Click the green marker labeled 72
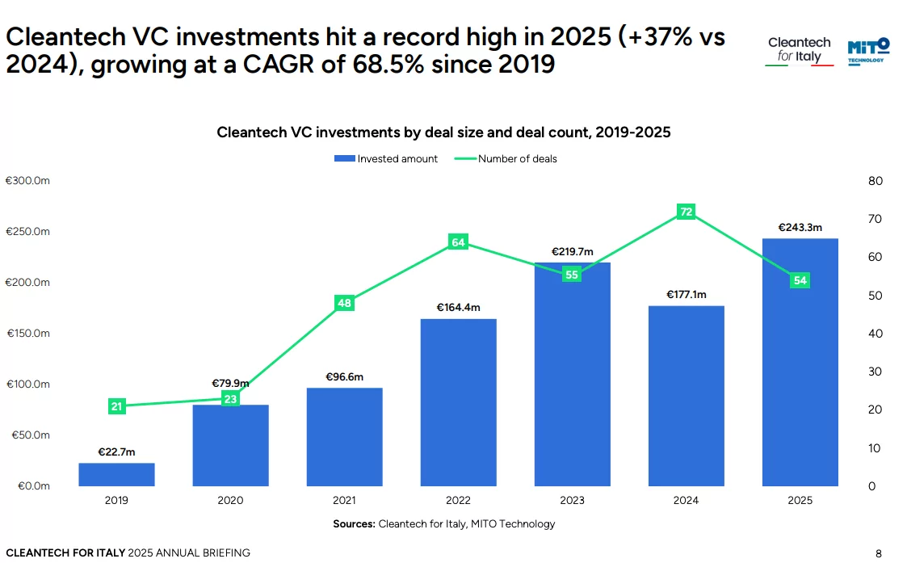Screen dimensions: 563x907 pos(686,212)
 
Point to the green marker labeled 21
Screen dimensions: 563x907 pos(116,406)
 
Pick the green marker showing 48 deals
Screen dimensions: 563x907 pos(344,303)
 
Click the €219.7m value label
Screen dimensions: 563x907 pos(572,252)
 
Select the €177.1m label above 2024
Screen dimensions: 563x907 pos(686,295)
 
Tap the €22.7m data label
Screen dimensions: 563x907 pos(116,452)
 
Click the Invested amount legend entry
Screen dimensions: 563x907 pos(387,159)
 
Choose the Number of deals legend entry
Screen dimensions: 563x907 pos(506,159)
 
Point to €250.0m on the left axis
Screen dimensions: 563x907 pos(28,232)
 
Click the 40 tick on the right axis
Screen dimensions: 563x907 pos(875,334)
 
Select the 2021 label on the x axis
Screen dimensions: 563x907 pos(344,501)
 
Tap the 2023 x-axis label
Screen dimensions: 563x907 pos(572,501)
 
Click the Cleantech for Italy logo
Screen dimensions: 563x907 pos(799,50)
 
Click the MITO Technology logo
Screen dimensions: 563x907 pos(868,49)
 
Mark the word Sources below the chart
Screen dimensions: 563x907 pos(354,524)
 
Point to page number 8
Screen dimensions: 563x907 pos(879,553)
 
